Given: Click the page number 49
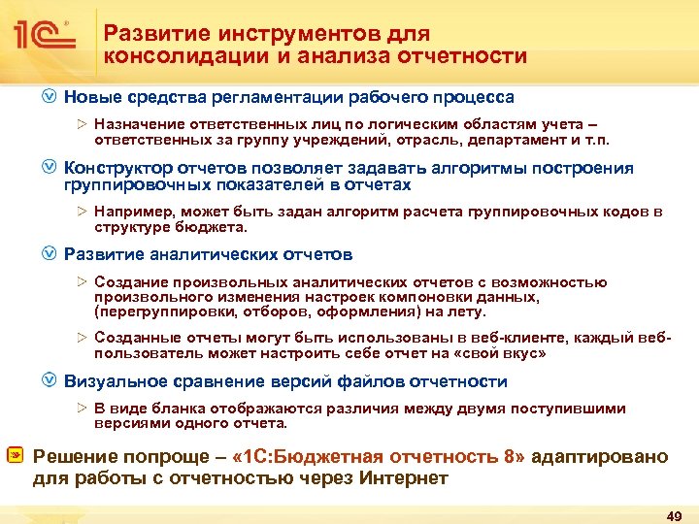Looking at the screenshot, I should point(669,511).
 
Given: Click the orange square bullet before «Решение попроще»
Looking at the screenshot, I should point(17,456).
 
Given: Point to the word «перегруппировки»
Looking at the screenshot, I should point(153,311).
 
